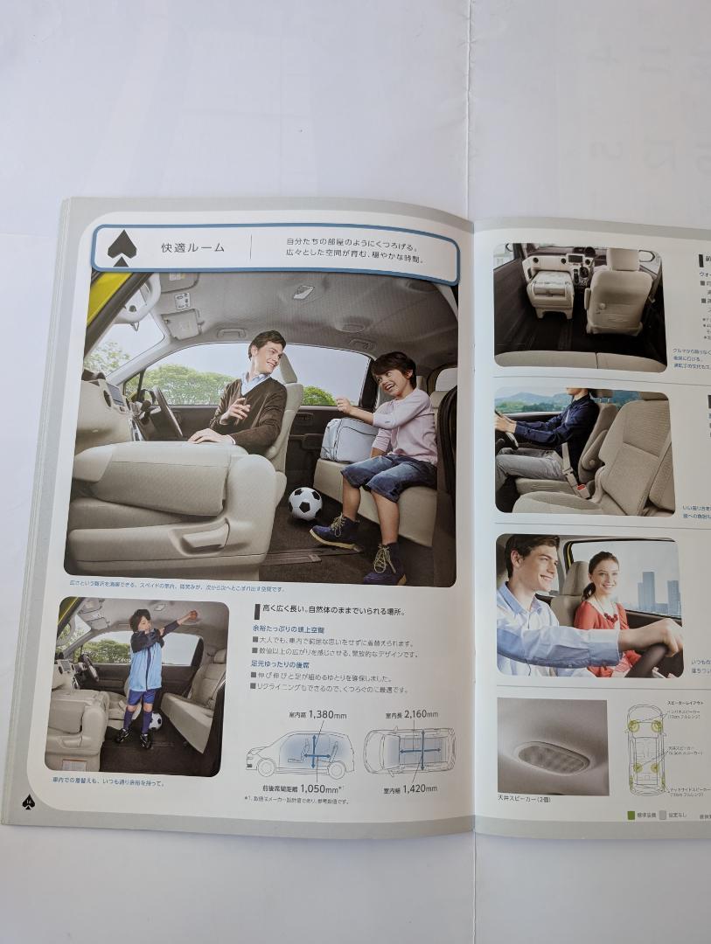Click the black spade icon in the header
[122, 249]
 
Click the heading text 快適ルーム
[192, 247]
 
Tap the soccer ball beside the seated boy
[305, 503]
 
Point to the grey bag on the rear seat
[348, 439]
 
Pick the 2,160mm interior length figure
[428, 714]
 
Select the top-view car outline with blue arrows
[408, 750]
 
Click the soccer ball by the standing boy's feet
[155, 722]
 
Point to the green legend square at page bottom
[631, 816]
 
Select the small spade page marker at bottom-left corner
[28, 801]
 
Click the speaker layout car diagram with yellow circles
[646, 750]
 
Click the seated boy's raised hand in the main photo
[343, 404]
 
